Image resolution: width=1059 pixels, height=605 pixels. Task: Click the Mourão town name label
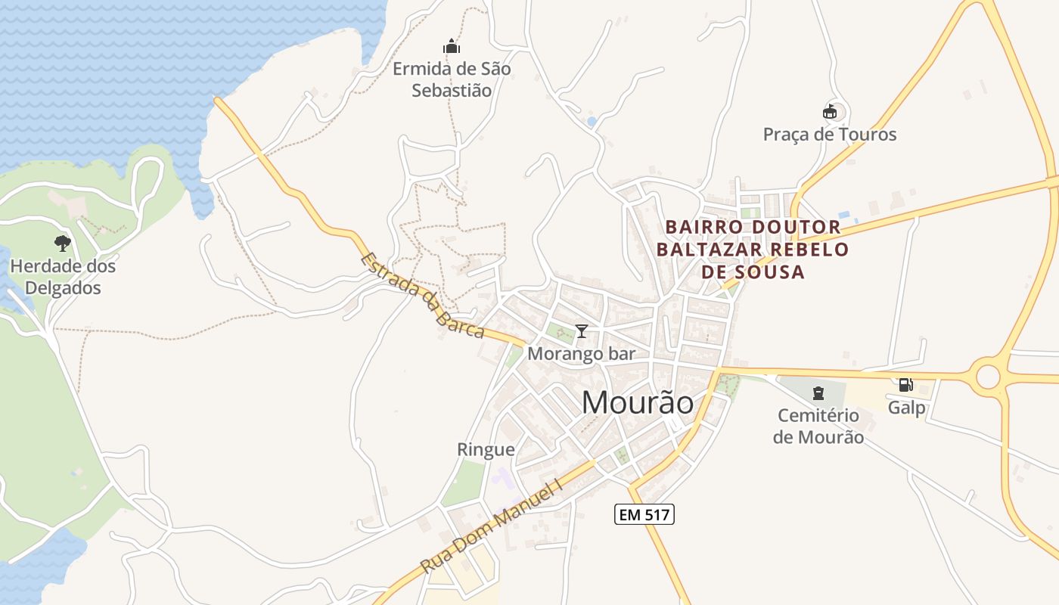coord(637,403)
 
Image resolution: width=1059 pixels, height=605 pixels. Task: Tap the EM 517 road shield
coord(643,515)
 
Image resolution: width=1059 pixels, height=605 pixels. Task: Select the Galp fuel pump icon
coord(905,385)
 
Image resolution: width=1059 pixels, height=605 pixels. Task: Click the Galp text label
coord(906,408)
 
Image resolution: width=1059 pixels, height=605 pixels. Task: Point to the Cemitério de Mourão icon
coord(818,392)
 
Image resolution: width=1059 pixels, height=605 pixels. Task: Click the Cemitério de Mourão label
coord(818,426)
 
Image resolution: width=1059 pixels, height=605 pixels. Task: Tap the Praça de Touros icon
coord(830,112)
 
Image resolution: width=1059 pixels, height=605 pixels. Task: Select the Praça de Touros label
coord(830,135)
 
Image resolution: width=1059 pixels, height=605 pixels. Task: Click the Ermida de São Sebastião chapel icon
coord(452,46)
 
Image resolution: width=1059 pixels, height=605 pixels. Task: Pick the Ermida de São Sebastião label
coord(452,79)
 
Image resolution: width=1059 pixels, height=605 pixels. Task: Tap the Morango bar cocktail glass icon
coord(581,330)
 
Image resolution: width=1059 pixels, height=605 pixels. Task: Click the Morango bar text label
coord(581,353)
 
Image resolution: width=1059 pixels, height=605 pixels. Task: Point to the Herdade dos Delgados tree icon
coord(63,243)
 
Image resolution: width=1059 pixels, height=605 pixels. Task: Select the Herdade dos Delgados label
coord(63,277)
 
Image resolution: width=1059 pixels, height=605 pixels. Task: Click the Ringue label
coord(486,450)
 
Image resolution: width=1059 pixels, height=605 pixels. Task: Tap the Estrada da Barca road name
coord(422,295)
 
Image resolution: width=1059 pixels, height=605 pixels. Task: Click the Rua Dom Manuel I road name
coord(492,526)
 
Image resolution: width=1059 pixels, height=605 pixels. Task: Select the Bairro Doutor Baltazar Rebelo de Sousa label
coord(752,249)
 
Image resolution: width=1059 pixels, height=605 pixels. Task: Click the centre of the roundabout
coord(988,376)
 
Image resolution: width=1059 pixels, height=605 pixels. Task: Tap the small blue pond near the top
coord(592,121)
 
